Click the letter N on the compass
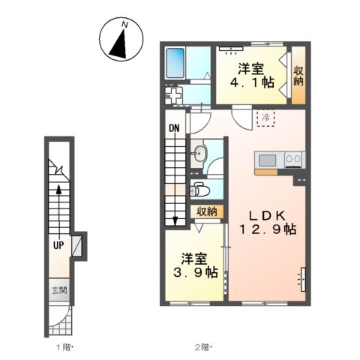point(124,25)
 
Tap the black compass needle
point(118,46)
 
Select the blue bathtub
point(175,63)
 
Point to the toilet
point(199,190)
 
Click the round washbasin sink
point(199,154)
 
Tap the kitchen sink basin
point(268,160)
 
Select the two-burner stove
point(293,160)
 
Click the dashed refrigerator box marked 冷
point(265,118)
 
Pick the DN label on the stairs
point(174,128)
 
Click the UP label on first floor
point(58,245)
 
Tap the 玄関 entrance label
point(59,290)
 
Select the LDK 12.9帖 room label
point(268,223)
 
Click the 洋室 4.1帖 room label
point(252,76)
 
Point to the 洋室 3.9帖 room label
point(196,265)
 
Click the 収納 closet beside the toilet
point(207,212)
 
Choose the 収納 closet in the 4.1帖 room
point(298,76)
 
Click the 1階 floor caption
point(64,347)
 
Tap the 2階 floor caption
point(203,347)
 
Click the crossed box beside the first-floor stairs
point(76,246)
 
